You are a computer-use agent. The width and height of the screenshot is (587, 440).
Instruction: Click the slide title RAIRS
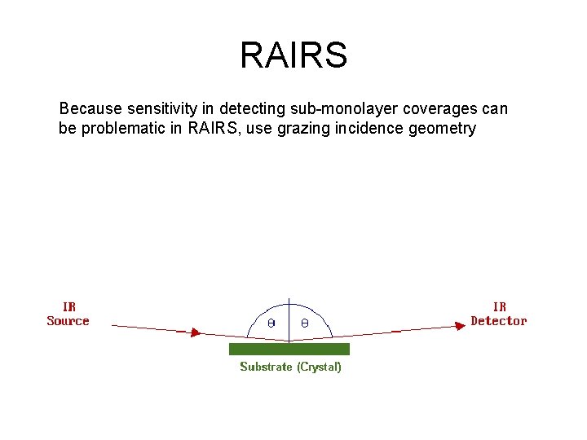(293, 55)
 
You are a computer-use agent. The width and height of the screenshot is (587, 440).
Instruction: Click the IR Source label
(68, 314)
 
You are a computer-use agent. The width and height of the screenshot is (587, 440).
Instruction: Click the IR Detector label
(499, 314)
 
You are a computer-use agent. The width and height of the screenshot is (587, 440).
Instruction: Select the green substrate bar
(289, 349)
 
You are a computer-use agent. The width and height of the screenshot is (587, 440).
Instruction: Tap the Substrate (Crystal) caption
(290, 367)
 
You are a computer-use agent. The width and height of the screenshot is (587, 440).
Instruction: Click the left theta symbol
(272, 323)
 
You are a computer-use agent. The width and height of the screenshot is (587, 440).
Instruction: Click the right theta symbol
(304, 323)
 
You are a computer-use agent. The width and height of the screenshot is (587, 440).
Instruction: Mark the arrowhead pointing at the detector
(459, 326)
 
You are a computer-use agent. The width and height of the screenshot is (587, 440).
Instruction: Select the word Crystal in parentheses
(319, 367)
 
